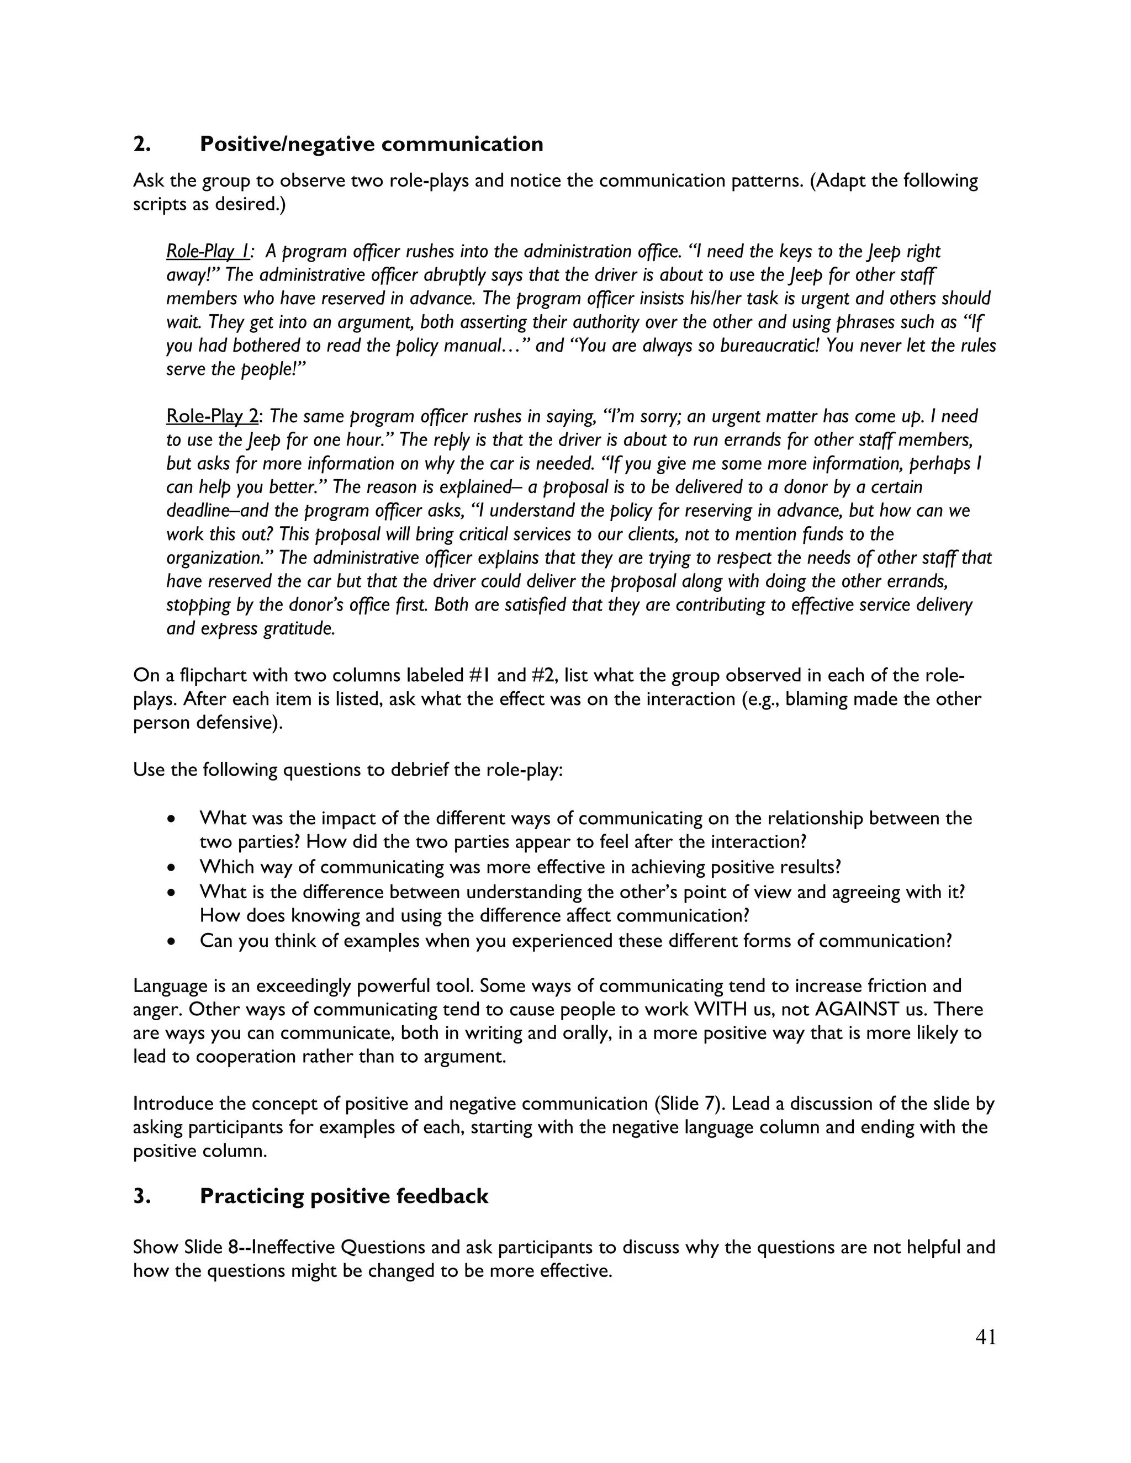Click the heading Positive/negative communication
[x=371, y=144]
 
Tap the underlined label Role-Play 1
[x=208, y=251]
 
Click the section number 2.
[x=141, y=144]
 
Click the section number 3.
[x=141, y=1196]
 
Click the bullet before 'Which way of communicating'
[x=172, y=867]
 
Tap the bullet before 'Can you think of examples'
[x=172, y=941]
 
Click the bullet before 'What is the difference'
[x=172, y=893]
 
